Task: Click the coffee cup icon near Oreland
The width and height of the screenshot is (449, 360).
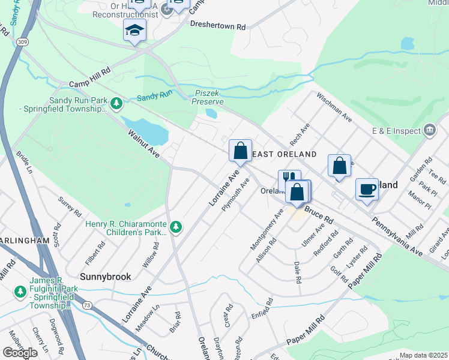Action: pyautogui.click(x=367, y=190)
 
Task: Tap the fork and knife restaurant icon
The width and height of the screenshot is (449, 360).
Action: pyautogui.click(x=289, y=179)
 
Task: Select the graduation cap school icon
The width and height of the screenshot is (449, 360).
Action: pyautogui.click(x=134, y=30)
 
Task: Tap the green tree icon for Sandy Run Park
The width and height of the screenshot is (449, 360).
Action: pyautogui.click(x=116, y=105)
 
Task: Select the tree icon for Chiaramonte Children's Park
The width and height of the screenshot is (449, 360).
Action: pyautogui.click(x=176, y=227)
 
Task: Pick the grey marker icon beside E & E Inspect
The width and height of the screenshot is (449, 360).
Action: pyautogui.click(x=429, y=130)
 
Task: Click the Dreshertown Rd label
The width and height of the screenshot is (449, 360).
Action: pyautogui.click(x=218, y=26)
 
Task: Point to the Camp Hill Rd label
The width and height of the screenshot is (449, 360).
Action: pyautogui.click(x=90, y=77)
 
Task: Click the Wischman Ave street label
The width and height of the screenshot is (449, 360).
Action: pyautogui.click(x=334, y=107)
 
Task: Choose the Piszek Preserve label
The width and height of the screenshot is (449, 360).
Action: pyautogui.click(x=209, y=97)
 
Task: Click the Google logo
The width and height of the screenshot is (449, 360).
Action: pyautogui.click(x=20, y=353)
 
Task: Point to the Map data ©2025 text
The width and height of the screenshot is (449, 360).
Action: pyautogui.click(x=423, y=355)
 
